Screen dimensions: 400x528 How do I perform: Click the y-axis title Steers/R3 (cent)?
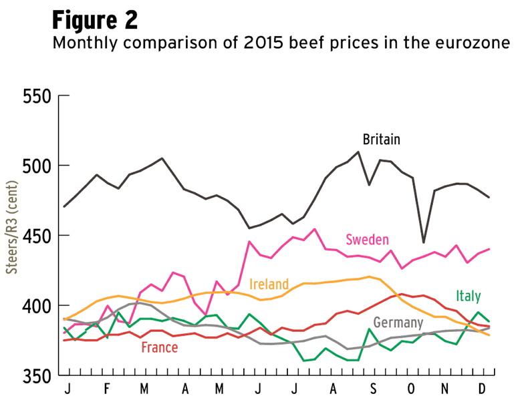(11, 236)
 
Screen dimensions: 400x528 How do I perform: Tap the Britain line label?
(381, 140)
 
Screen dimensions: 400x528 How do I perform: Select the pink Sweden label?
(367, 240)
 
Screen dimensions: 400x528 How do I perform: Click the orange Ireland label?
(269, 283)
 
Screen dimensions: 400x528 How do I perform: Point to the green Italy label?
(468, 296)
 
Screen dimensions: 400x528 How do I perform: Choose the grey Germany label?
(398, 323)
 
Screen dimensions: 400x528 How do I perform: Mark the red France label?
(159, 347)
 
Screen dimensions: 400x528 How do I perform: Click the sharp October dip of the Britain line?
(423, 242)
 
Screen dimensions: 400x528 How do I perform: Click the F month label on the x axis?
(108, 389)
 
